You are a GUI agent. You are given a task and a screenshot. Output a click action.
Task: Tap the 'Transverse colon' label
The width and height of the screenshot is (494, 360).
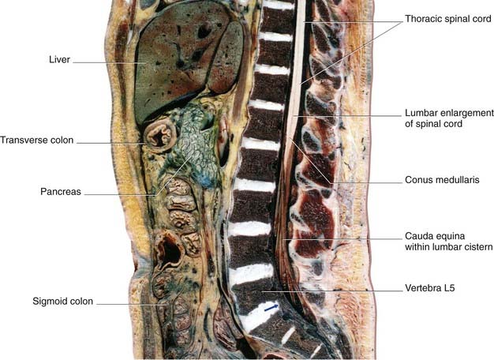(x=37, y=141)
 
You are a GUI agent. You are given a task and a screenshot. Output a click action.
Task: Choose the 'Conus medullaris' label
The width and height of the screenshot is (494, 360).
(x=442, y=179)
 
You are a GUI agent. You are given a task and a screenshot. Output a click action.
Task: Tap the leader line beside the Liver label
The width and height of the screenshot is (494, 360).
(x=107, y=60)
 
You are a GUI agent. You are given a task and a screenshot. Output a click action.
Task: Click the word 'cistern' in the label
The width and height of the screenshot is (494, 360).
(x=475, y=247)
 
